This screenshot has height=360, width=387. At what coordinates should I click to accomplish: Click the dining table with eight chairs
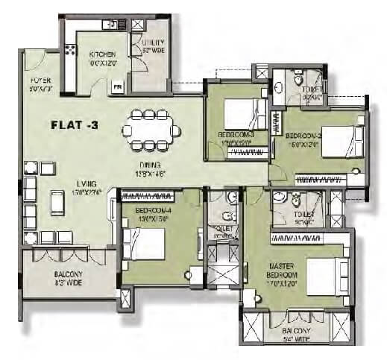[x=151, y=131]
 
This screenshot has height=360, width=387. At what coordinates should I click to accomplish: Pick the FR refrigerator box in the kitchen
[x=117, y=86]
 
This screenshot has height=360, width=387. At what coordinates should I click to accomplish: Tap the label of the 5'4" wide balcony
[x=298, y=332]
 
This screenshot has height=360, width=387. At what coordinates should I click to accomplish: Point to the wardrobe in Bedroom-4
[x=147, y=197]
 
